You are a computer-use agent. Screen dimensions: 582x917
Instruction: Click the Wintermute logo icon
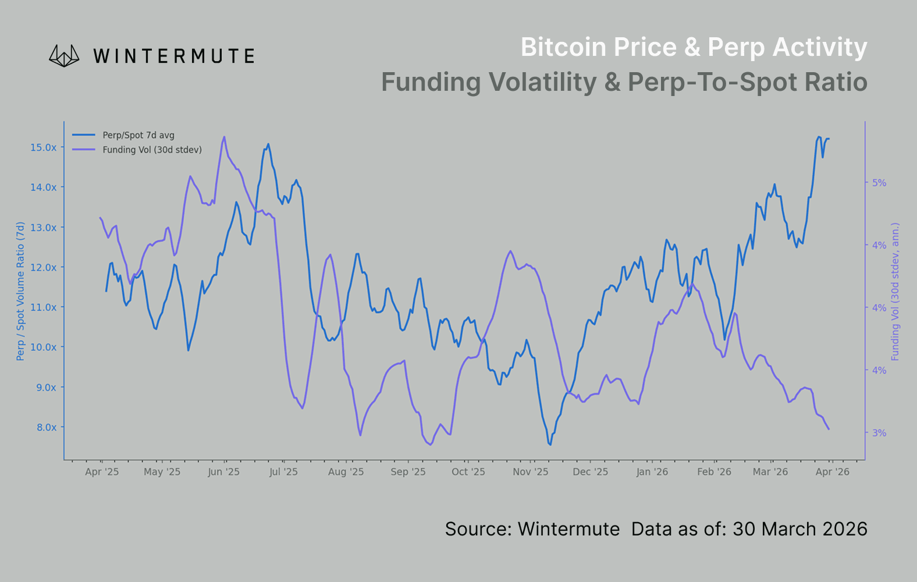(64, 56)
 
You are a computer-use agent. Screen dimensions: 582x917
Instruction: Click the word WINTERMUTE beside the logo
(173, 56)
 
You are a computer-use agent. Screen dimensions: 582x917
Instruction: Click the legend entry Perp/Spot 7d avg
(138, 135)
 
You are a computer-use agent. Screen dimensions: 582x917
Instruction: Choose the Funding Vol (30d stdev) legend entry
(152, 150)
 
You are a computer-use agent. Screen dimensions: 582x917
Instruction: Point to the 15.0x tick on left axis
(44, 148)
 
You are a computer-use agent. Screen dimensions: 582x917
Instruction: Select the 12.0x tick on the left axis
(44, 268)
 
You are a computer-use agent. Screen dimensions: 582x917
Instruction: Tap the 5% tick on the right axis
(879, 183)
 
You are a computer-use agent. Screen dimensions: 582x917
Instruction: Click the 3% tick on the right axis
(879, 433)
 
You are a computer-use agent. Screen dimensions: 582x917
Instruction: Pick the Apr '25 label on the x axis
(102, 472)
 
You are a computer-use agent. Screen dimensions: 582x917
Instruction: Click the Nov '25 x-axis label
(530, 472)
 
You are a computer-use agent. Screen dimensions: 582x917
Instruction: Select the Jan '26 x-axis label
(652, 472)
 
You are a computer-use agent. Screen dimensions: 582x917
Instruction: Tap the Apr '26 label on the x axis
(832, 472)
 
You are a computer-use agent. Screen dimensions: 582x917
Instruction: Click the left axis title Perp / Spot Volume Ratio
(21, 291)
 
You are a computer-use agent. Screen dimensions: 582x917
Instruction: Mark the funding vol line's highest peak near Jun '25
(224, 137)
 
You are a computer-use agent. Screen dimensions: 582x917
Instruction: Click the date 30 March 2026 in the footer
(799, 529)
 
